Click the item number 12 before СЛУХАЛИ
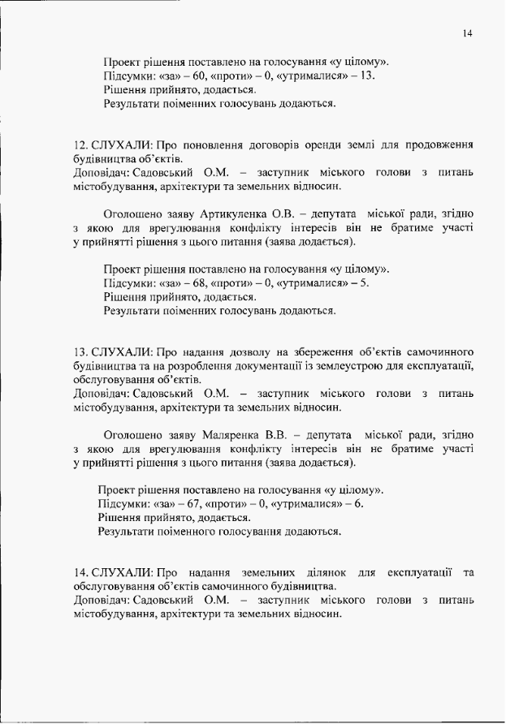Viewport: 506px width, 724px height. pyautogui.click(x=79, y=144)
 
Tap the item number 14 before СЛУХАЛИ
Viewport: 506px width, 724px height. pyautogui.click(x=79, y=573)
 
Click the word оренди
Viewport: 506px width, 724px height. pyautogui.click(x=344, y=144)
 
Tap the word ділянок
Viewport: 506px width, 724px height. pyautogui.click(x=327, y=573)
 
